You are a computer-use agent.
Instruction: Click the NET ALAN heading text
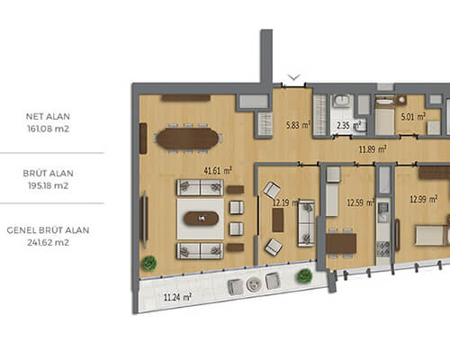coord(48,116)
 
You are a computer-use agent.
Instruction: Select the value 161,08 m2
coord(48,129)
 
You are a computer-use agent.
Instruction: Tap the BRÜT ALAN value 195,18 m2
coord(48,185)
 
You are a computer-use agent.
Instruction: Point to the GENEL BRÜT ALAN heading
coord(48,230)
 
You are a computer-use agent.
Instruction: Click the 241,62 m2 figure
coord(48,242)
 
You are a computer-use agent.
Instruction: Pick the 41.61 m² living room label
coord(218,171)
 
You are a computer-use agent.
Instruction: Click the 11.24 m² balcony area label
coord(177,297)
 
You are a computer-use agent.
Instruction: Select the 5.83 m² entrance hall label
coord(298,124)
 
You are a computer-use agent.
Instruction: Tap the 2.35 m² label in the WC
coord(348,125)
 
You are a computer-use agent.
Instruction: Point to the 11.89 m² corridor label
coord(373,148)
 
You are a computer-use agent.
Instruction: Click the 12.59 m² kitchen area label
coord(361,202)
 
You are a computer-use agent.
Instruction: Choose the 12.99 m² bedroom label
coord(424,199)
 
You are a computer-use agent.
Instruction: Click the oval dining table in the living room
coord(188,139)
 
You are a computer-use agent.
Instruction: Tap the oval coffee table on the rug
coord(202,219)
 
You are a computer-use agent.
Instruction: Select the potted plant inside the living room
coord(149,263)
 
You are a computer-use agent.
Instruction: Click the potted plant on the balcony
coord(304,275)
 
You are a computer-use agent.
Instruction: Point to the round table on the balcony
coord(254,284)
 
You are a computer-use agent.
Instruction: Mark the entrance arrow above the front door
coord(294,77)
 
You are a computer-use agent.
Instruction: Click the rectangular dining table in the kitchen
coord(341,243)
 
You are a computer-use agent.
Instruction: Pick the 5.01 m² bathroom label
coord(413,116)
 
